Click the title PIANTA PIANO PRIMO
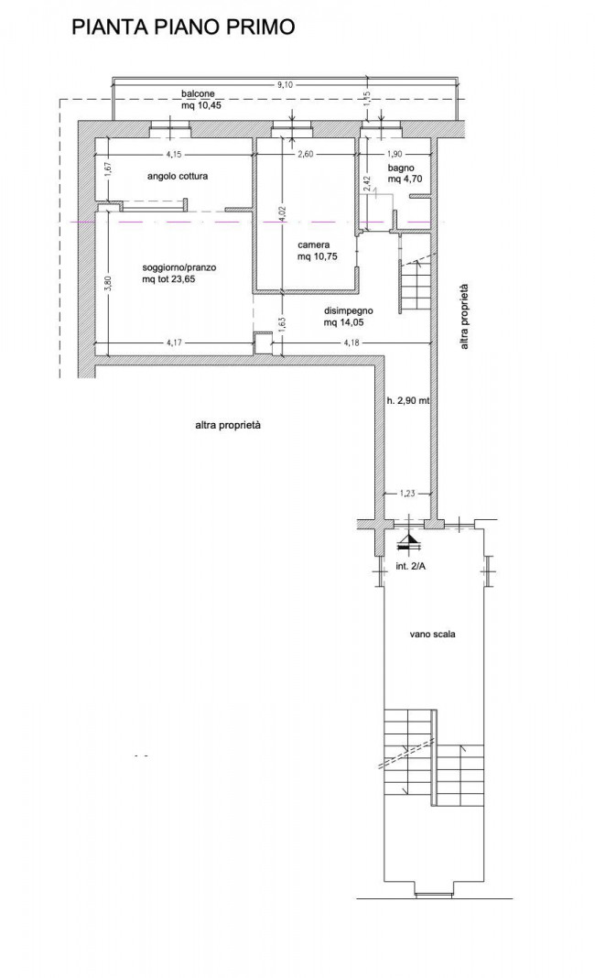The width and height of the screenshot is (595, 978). point(183,27)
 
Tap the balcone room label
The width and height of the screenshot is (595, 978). point(198,93)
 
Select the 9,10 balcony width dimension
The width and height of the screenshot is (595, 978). point(285,85)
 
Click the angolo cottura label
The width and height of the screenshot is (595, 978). point(178,176)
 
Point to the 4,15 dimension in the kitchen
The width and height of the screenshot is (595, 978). point(174,154)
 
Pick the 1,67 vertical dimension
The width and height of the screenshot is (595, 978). point(107,169)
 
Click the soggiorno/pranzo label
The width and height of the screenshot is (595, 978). point(179,267)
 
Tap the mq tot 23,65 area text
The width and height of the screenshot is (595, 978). point(168,279)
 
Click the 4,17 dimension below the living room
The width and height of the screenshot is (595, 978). point(175,342)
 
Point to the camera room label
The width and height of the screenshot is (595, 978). point(314,244)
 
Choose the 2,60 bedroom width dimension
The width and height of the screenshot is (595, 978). point(305,154)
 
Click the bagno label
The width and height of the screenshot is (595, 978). point(401,168)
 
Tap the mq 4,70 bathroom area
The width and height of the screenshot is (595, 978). point(406,179)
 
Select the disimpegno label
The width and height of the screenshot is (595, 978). point(349,310)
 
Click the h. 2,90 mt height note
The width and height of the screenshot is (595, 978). point(408,401)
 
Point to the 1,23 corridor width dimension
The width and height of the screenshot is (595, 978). point(406,494)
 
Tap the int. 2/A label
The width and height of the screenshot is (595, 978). point(411,567)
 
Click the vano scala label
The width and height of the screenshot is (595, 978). point(432,635)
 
